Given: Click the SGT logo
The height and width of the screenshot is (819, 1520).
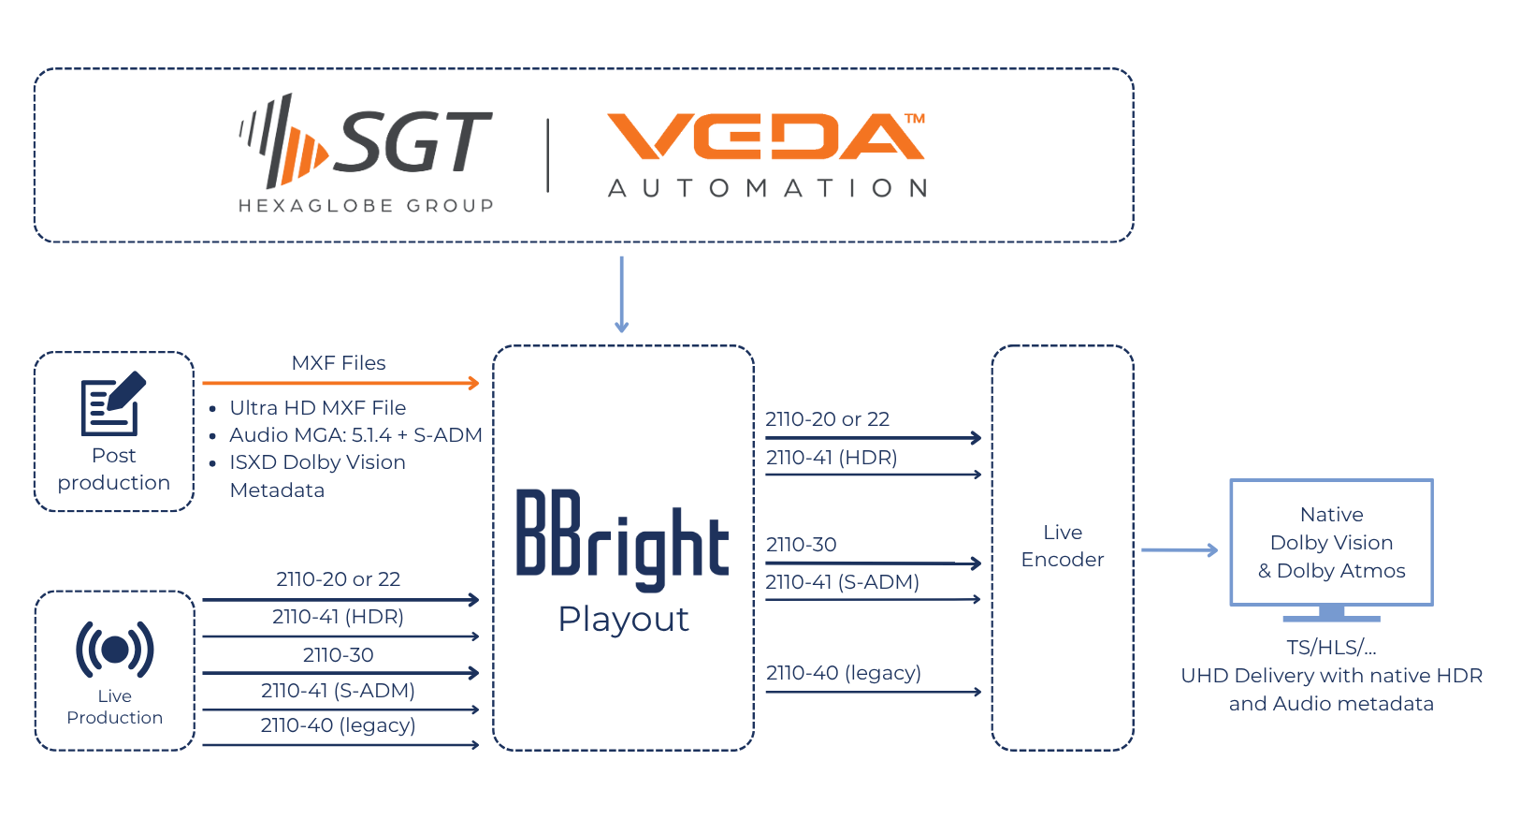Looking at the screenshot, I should (367, 141).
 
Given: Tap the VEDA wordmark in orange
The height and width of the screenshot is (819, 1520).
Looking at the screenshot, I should (765, 137).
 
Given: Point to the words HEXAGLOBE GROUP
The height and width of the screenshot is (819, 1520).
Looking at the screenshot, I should (366, 206).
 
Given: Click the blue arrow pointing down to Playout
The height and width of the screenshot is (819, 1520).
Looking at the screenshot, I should (621, 294).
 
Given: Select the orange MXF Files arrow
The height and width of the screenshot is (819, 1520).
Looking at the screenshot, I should (340, 383).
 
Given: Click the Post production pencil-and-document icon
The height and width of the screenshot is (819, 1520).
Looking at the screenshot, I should (113, 404).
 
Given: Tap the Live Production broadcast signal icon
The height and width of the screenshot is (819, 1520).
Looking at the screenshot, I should (114, 649).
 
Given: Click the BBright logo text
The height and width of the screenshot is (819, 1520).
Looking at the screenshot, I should (622, 540).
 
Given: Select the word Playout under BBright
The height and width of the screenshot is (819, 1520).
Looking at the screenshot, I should (623, 619).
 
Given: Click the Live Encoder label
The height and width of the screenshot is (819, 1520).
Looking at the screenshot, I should (1062, 546).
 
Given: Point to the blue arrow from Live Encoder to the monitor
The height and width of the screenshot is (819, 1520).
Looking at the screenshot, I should (1179, 550).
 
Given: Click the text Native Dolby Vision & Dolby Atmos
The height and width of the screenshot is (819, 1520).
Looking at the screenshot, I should (1331, 543).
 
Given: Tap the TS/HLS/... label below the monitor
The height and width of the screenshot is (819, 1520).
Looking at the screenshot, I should (1331, 648).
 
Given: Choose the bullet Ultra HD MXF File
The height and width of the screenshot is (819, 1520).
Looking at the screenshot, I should (318, 408).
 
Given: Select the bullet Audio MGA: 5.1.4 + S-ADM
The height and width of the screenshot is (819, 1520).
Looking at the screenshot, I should (355, 435).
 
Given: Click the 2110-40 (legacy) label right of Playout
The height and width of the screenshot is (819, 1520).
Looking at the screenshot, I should (844, 673).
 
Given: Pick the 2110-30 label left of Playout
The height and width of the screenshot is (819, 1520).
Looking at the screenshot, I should (338, 655).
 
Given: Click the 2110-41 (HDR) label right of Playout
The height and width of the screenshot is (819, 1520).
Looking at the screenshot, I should (832, 458).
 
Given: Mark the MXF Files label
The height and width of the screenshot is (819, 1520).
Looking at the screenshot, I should (339, 363).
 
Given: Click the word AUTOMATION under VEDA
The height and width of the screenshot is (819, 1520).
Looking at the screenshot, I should (767, 188).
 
